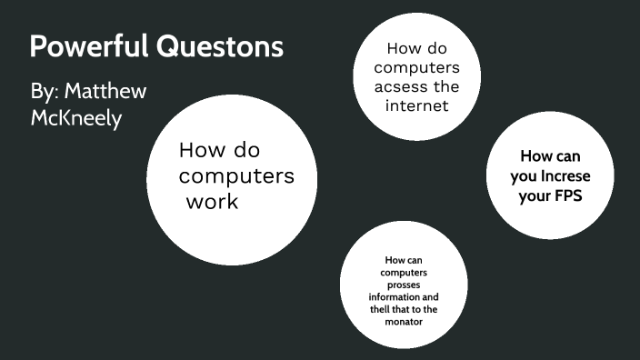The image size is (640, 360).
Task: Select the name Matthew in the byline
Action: tap(105, 92)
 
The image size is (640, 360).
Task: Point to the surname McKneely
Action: tap(76, 118)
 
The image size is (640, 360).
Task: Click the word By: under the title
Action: tap(45, 92)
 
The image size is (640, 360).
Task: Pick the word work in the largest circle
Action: tap(212, 202)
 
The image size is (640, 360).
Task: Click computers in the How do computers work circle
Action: tap(236, 175)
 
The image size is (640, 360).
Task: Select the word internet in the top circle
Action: tap(415, 106)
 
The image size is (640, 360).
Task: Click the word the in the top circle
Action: tap(445, 87)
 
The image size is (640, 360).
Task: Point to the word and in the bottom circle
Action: tap(427, 297)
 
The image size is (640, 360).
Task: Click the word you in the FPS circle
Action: tap(525, 175)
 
